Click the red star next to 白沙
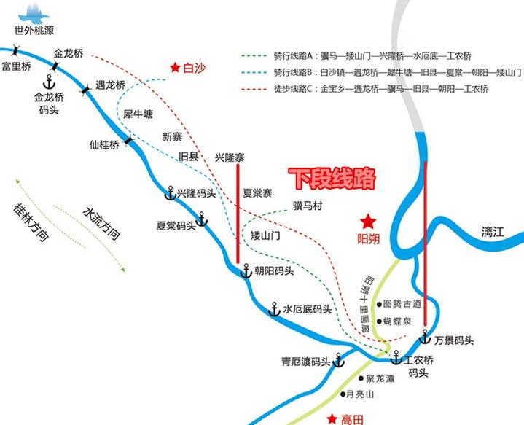(x=175, y=67)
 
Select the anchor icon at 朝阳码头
(x=246, y=270)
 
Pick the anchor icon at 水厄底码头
(x=275, y=309)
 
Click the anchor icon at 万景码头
(x=425, y=338)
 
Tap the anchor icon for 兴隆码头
(x=169, y=193)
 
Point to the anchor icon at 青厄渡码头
(x=338, y=361)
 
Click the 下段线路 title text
(x=332, y=178)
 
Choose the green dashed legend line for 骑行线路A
(x=254, y=55)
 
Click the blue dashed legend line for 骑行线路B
(x=254, y=71)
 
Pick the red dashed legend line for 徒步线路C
(x=254, y=88)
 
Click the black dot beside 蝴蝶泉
(x=379, y=320)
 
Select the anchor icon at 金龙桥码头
(x=50, y=80)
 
